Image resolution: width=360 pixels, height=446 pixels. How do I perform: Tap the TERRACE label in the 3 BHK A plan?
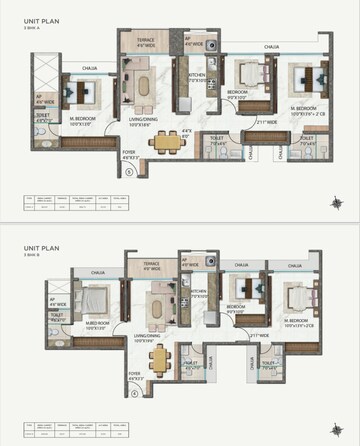(x=146, y=39)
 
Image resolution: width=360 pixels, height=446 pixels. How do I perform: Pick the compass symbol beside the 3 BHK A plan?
(x=337, y=204)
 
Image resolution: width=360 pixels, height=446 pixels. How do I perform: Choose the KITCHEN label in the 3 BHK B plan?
(x=196, y=291)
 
